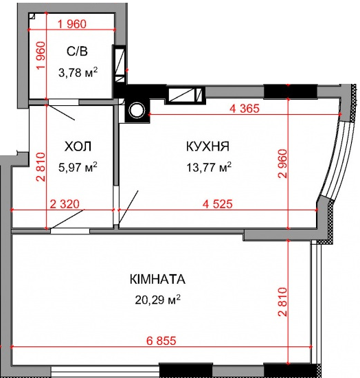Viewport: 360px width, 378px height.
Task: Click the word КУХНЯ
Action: click(x=207, y=146)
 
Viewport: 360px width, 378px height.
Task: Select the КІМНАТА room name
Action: click(x=157, y=280)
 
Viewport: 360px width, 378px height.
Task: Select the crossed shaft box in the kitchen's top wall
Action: click(x=183, y=94)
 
